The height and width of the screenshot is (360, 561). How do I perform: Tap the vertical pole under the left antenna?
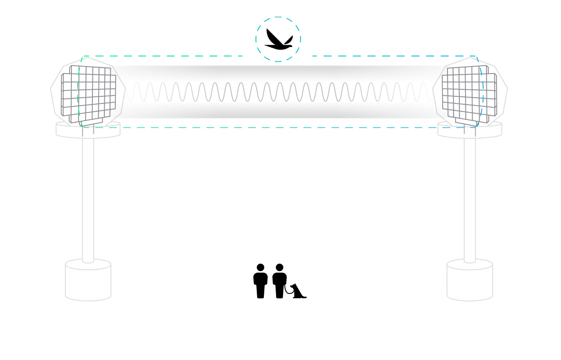click(x=88, y=197)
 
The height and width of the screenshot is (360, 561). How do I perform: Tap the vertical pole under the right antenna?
click(x=470, y=197)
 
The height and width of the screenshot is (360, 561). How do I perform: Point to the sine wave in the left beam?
click(x=175, y=92)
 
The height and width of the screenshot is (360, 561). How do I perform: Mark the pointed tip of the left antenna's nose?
click(x=125, y=89)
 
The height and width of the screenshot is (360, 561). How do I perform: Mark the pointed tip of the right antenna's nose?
click(x=433, y=89)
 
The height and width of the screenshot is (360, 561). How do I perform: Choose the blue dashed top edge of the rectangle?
click(x=394, y=56)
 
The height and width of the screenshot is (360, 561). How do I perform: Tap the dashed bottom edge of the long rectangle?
click(x=280, y=128)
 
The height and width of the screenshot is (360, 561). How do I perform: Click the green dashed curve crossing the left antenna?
click(x=79, y=92)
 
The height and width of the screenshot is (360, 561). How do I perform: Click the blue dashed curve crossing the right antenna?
click(x=481, y=92)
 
